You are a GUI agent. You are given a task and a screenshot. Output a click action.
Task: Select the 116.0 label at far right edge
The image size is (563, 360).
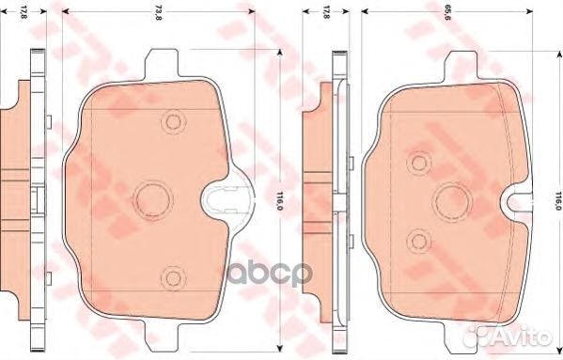pos(556,200)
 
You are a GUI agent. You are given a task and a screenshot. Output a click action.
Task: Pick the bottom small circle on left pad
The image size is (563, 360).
pos(170,275)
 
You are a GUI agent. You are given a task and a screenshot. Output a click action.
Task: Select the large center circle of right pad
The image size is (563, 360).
pos(448,197)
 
